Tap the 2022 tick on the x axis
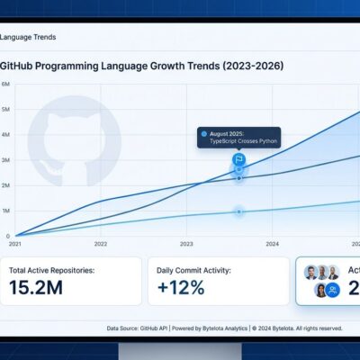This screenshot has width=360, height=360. coord(101,244)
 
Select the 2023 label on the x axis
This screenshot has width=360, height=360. coord(186,244)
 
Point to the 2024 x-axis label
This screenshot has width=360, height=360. coord(273,244)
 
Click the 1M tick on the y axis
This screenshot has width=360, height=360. coord(6,211)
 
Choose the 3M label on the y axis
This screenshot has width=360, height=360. coord(6,160)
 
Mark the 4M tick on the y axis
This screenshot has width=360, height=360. coord(6,135)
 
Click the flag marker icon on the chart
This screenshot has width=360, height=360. coord(239,159)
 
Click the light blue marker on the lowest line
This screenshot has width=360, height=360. coord(239,211)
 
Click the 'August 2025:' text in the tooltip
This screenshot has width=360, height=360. coord(230,133)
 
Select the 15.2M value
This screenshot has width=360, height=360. coord(37,288)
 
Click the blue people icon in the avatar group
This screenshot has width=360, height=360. coord(333,289)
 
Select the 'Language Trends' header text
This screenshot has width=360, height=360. coord(30,36)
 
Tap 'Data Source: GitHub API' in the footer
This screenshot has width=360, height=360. coord(138,329)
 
